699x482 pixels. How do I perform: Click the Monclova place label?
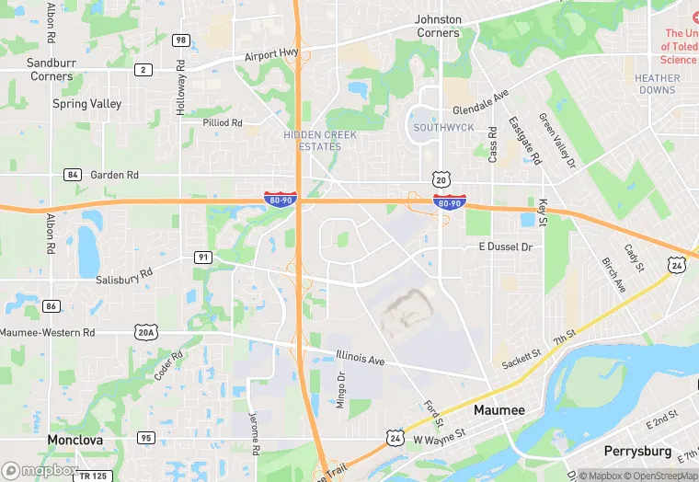click(x=75, y=440)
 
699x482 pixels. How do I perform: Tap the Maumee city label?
click(x=498, y=409)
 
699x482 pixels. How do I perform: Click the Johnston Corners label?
click(x=438, y=26)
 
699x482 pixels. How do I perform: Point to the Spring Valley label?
click(x=86, y=104)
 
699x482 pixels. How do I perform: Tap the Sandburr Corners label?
click(x=51, y=69)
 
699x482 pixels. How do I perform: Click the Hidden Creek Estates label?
click(x=320, y=141)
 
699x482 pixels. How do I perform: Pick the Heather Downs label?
click(x=657, y=85)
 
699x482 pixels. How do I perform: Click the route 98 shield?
click(x=181, y=40)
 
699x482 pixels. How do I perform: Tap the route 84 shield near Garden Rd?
click(x=73, y=174)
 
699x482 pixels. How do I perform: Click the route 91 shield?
click(x=203, y=257)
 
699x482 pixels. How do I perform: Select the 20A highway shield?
click(x=145, y=332)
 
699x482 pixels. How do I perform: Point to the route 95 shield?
click(x=146, y=437)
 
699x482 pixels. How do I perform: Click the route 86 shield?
click(x=52, y=306)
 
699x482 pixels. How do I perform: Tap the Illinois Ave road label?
click(x=360, y=356)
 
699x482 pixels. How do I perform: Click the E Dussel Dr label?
click(x=505, y=247)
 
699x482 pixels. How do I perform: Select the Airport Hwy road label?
click(x=271, y=56)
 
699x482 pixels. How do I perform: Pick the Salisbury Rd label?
click(x=124, y=277)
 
